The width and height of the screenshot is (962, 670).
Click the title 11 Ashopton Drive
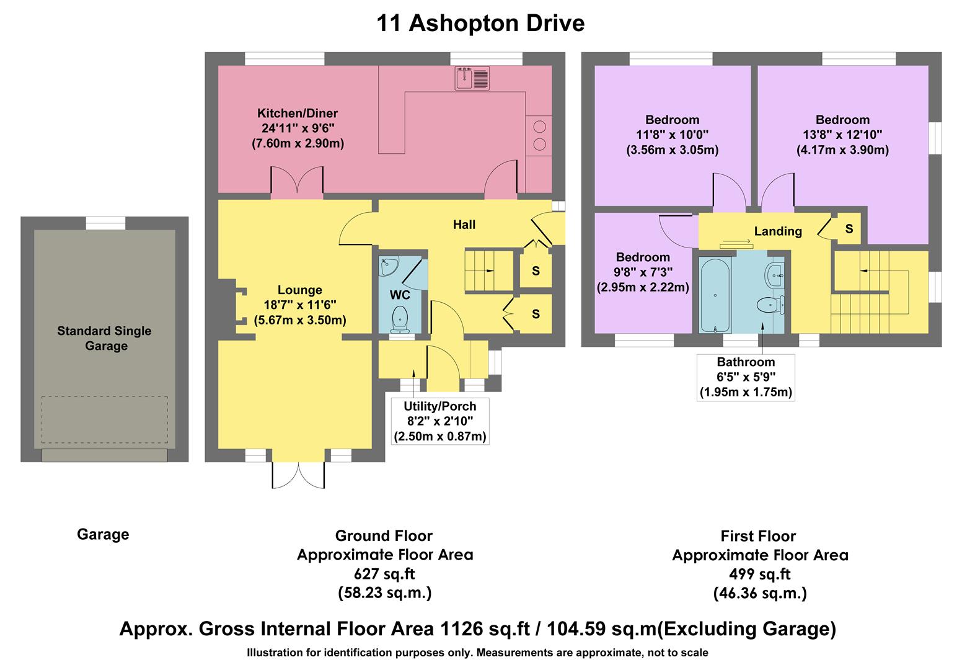pyautogui.click(x=480, y=24)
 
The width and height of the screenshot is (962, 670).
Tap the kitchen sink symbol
pyautogui.click(x=473, y=78)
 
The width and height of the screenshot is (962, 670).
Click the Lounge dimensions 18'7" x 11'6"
pyautogui.click(x=300, y=305)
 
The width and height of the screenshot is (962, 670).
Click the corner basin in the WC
pyautogui.click(x=390, y=267)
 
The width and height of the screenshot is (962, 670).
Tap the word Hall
pyautogui.click(x=464, y=225)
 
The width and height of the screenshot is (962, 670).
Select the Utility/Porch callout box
pyautogui.click(x=440, y=421)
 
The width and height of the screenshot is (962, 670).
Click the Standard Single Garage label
pyautogui.click(x=104, y=338)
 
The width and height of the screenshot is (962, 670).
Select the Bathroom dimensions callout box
pyautogui.click(x=746, y=377)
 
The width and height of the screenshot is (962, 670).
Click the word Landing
pyautogui.click(x=778, y=231)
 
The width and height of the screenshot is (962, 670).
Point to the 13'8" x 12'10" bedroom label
pyautogui.click(x=842, y=135)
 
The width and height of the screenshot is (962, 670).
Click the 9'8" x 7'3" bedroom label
pyautogui.click(x=643, y=272)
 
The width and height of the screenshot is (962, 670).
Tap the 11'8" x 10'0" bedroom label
pyautogui.click(x=672, y=135)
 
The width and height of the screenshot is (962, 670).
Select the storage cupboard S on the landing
pyautogui.click(x=849, y=229)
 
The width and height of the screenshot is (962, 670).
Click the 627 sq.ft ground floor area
pyautogui.click(x=384, y=574)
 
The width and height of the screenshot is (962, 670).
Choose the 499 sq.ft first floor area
pyautogui.click(x=760, y=574)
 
